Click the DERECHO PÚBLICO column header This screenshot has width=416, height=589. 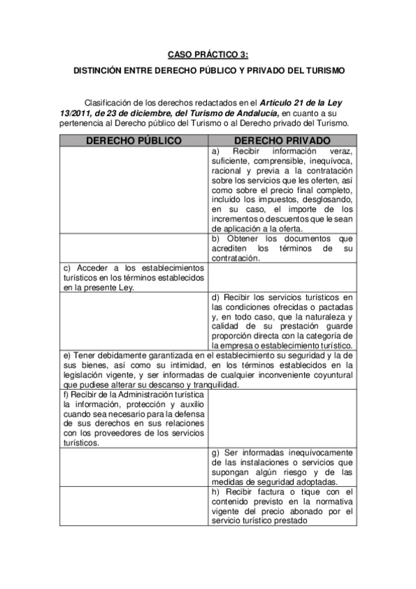pos(133,140)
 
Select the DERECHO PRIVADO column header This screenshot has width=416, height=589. pos(281,140)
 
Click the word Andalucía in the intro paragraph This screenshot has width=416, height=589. pos(257,113)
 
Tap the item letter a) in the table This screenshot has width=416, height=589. pos(216,151)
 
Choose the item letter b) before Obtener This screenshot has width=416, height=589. pos(216,239)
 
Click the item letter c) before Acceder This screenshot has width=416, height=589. pos(67,267)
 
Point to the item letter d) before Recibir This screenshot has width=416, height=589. pos(216,297)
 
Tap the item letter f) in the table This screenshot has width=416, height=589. pos(66,395)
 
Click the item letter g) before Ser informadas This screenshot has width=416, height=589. pos(216,453)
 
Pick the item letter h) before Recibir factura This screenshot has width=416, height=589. pos(216,492)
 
